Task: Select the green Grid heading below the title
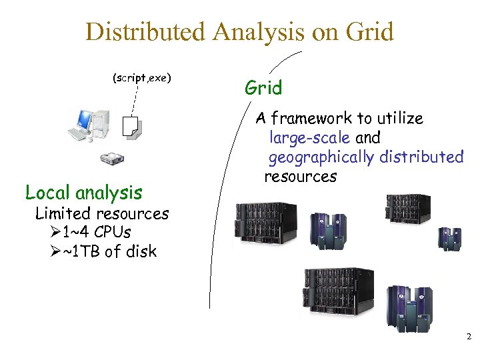(263, 87)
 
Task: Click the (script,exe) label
(141, 78)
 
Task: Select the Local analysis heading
(83, 193)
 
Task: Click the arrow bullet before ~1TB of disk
(55, 252)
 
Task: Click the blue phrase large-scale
(309, 138)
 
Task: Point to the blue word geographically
(321, 157)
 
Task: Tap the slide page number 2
(468, 337)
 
